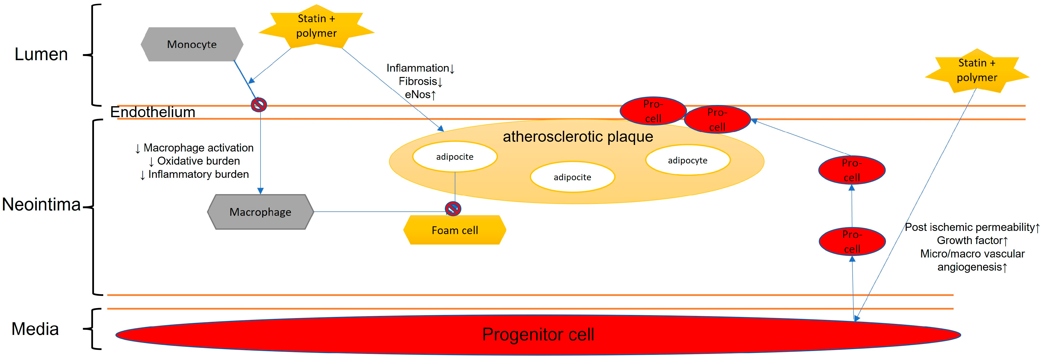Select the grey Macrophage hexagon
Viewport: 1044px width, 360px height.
(260, 212)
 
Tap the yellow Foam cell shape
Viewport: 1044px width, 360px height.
(455, 230)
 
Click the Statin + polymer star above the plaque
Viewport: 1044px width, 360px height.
(316, 26)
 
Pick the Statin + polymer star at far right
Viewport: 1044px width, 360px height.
(977, 71)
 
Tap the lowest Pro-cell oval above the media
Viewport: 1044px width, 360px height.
(852, 242)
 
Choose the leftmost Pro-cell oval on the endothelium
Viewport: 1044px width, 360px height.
(653, 111)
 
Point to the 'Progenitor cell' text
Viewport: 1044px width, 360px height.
(538, 334)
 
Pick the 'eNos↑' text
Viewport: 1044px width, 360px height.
(420, 95)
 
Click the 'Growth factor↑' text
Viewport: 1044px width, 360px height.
(972, 240)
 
